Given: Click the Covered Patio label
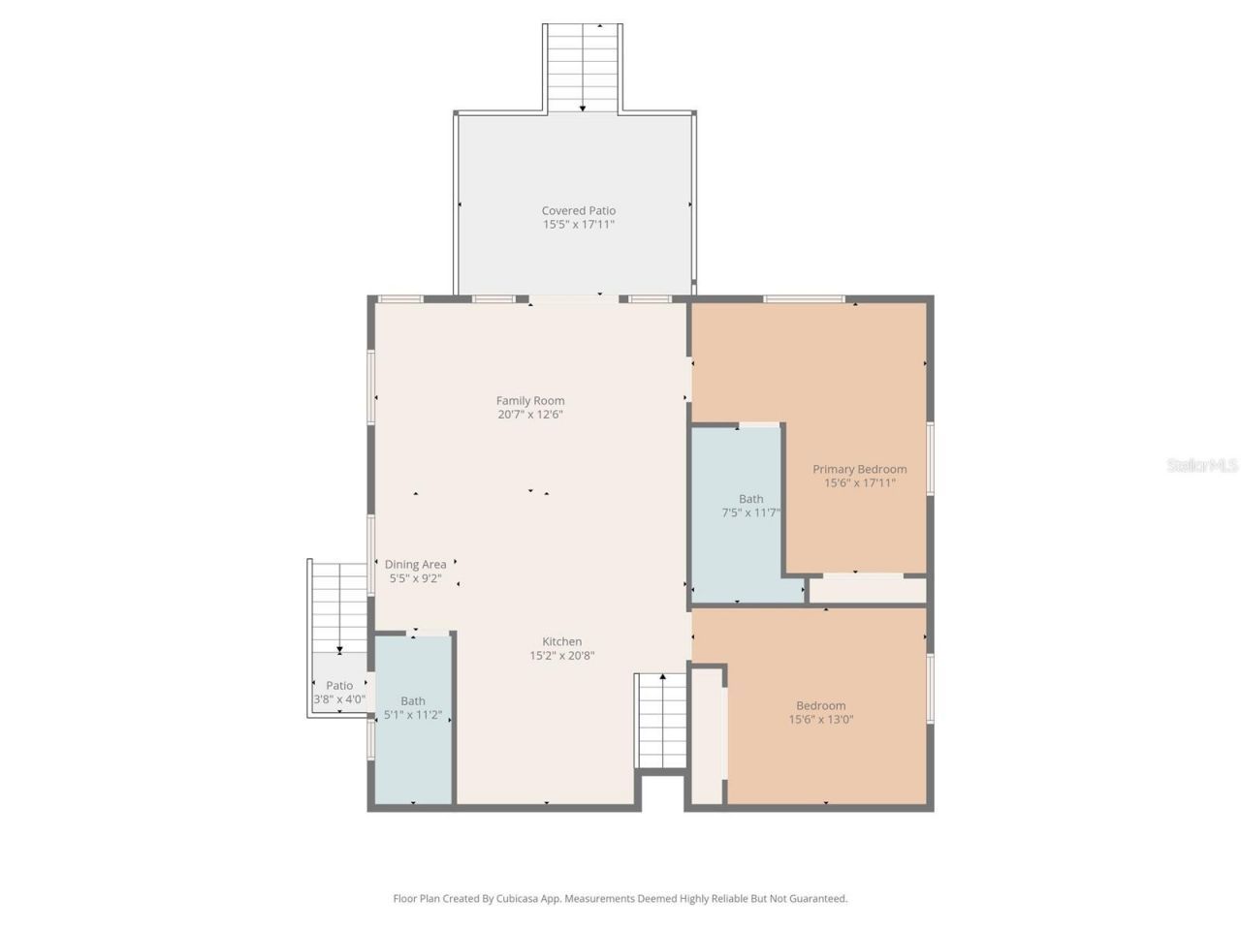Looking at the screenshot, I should pos(578,210).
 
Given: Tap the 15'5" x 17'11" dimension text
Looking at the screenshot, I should pos(578,225).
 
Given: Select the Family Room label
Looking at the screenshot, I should pos(530,400).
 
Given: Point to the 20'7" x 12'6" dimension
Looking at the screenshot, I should pos(530,415).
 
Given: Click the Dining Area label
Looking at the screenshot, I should pos(415,565).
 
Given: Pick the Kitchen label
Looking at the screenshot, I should pos(561,641).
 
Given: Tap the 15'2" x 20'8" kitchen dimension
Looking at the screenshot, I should pos(561,656).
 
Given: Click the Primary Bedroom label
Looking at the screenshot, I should pos(859,469).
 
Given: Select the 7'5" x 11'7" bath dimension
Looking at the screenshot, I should pos(751,512).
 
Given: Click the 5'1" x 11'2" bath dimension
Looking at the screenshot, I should pos(413,715).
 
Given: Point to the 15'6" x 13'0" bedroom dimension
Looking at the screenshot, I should pos(820,720).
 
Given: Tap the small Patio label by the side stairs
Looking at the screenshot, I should pos(339,685).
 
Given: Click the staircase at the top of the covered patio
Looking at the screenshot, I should pos(582,66).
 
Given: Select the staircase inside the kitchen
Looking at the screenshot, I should pos(661,720).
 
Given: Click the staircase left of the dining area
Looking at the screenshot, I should pos(339,605).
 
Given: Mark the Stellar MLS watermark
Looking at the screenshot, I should pos(1202,466).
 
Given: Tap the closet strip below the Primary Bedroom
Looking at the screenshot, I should pos(868,589).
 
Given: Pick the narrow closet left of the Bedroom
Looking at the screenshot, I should pos(708,734).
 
